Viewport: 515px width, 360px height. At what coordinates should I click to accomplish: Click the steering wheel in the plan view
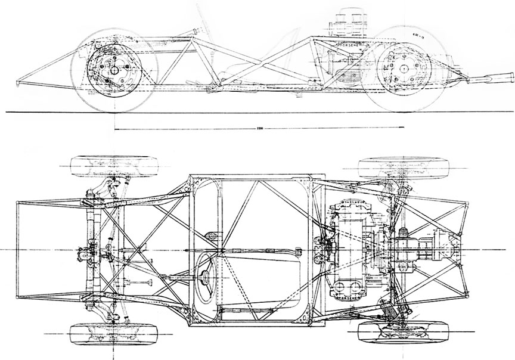click(206, 275)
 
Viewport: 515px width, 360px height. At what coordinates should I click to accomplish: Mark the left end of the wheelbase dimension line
click(113, 128)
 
